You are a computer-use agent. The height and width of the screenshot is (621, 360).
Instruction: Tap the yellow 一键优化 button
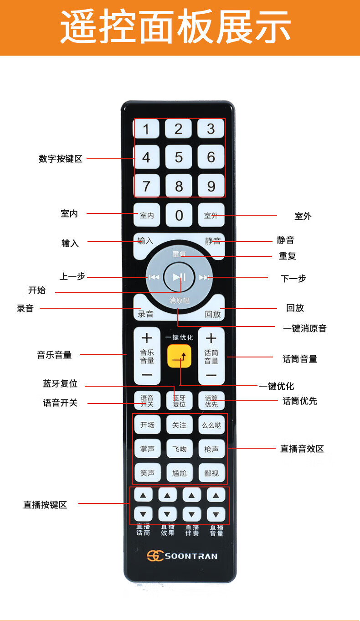(x=179, y=357)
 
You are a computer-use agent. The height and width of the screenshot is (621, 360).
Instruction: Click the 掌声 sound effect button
(x=147, y=449)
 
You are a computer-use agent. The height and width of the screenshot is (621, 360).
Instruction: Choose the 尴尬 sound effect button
(x=179, y=473)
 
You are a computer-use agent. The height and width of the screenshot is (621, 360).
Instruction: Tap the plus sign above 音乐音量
(x=147, y=338)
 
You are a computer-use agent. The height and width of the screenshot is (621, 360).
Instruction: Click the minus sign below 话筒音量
(x=211, y=375)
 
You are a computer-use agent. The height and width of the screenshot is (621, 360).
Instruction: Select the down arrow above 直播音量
(x=216, y=514)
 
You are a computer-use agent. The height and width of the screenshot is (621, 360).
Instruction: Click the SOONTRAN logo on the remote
(x=182, y=556)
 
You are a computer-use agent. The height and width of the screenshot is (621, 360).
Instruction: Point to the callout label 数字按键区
(x=61, y=159)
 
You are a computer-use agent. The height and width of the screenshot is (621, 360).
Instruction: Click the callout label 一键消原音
(x=304, y=328)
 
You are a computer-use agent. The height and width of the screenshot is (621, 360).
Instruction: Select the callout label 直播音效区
(x=302, y=449)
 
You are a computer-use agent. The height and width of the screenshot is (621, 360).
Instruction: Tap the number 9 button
(x=211, y=186)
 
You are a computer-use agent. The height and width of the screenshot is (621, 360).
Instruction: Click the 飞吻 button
(x=179, y=449)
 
